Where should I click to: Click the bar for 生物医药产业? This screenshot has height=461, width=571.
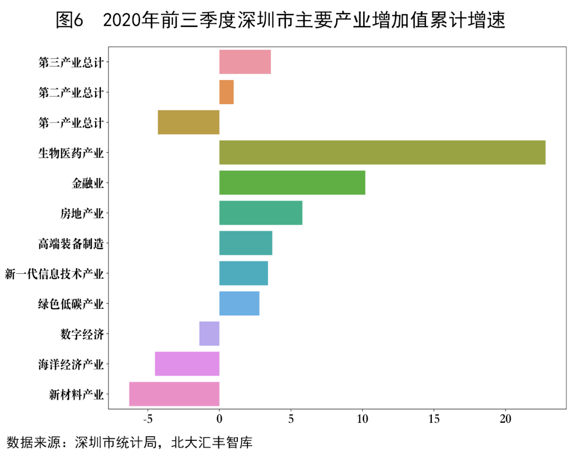point(382,153)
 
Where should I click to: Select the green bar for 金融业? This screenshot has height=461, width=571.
point(292,183)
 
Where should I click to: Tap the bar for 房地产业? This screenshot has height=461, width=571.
point(261,213)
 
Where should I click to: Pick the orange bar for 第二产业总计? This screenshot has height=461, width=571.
point(226,93)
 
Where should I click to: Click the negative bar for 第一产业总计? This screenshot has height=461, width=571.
point(188,123)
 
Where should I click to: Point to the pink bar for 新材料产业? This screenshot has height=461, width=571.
point(174,394)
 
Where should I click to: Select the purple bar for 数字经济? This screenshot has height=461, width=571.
point(209,334)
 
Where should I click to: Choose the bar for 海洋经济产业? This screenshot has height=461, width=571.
point(187,364)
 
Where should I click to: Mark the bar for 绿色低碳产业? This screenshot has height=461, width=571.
point(239,303)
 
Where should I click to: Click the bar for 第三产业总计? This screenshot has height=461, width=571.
point(245,62)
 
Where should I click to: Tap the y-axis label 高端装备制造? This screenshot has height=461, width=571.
point(70,244)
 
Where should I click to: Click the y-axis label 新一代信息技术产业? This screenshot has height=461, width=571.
point(54,274)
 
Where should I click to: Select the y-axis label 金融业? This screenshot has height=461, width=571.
point(87,183)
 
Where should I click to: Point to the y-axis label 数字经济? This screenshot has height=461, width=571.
point(81,334)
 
